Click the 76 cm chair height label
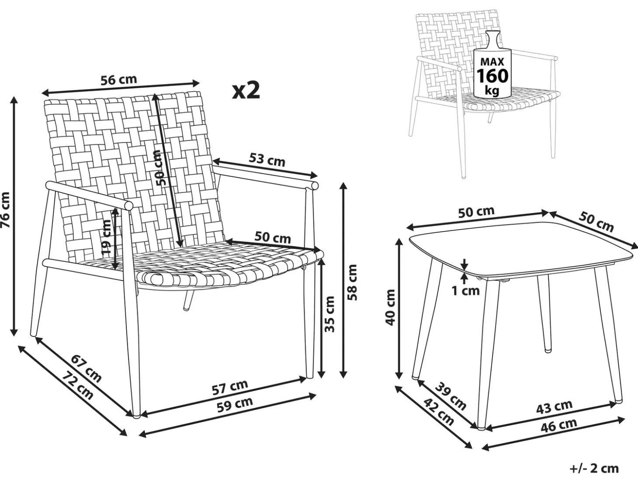(x=6, y=210)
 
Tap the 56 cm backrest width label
(x=118, y=80)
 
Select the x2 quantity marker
(x=246, y=90)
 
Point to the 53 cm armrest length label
(x=267, y=160)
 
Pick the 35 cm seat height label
(x=330, y=314)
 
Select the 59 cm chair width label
(x=235, y=405)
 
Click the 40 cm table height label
(x=390, y=307)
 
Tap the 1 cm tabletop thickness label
(x=465, y=291)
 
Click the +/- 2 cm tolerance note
(x=594, y=468)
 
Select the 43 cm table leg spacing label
(x=554, y=406)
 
